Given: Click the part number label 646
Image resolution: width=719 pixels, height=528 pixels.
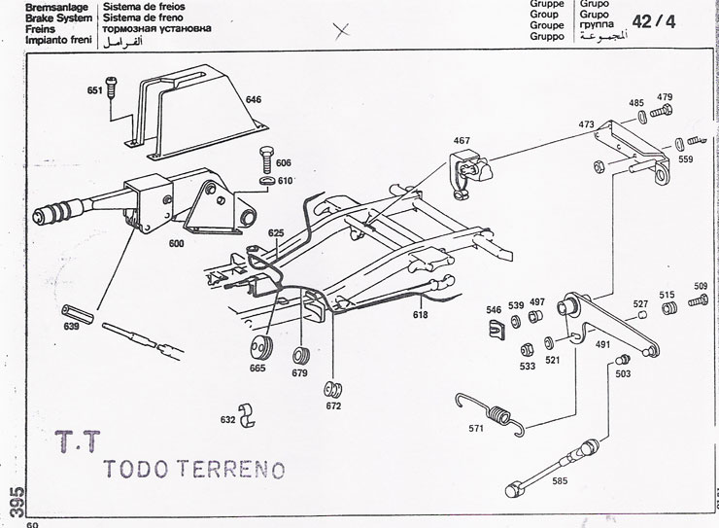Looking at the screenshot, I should pyautogui.click(x=253, y=99).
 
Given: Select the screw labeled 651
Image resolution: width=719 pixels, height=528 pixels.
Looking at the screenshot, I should pyautogui.click(x=111, y=88).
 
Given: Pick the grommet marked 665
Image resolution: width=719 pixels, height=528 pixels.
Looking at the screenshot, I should pyautogui.click(x=260, y=350).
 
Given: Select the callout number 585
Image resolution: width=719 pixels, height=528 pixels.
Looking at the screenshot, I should pyautogui.click(x=562, y=480).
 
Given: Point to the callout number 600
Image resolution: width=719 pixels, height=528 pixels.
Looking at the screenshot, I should pyautogui.click(x=177, y=244).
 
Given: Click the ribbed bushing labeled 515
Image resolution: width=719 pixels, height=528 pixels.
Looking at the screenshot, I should pyautogui.click(x=667, y=310).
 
